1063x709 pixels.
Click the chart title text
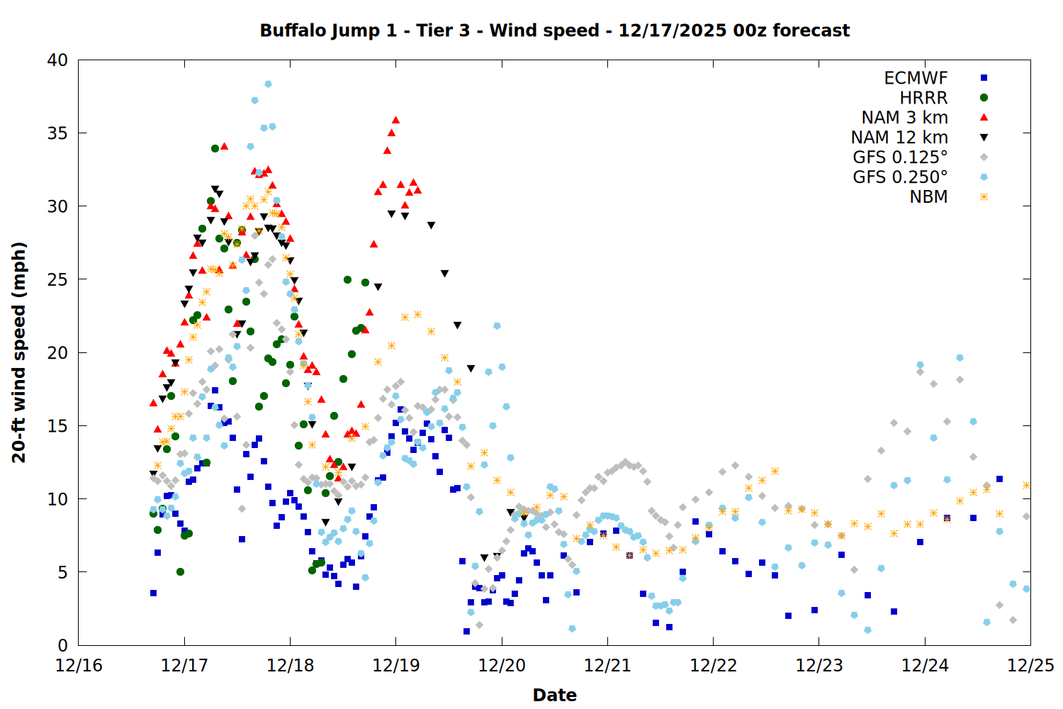(554, 30)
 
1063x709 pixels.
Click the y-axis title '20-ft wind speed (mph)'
(19, 352)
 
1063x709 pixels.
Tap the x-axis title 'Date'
(554, 695)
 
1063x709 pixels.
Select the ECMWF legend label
(916, 78)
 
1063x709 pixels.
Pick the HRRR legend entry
(923, 98)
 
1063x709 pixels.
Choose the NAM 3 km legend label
(904, 118)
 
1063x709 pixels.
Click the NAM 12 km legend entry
(899, 138)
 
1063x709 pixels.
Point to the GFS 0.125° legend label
(900, 157)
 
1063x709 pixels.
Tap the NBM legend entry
(928, 197)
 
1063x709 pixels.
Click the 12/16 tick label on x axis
(79, 666)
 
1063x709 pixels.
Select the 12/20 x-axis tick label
(502, 666)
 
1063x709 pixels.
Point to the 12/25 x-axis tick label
(1030, 666)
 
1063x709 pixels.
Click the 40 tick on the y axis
(57, 60)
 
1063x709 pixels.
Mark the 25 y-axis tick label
(57, 279)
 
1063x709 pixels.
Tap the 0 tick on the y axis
(62, 645)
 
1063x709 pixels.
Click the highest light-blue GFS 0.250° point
(268, 84)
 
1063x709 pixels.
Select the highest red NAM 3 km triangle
(395, 120)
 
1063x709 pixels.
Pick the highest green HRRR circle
(215, 148)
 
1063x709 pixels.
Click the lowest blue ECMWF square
(466, 631)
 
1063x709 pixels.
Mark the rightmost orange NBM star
(1026, 485)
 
